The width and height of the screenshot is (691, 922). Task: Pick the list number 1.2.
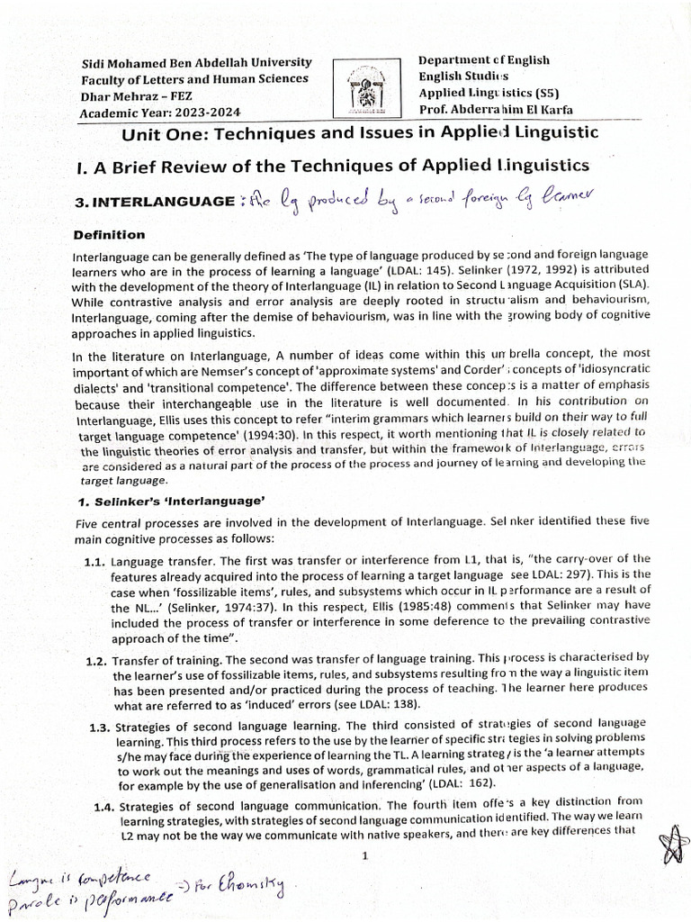(96, 661)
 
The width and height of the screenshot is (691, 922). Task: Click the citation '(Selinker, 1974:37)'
(204, 608)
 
